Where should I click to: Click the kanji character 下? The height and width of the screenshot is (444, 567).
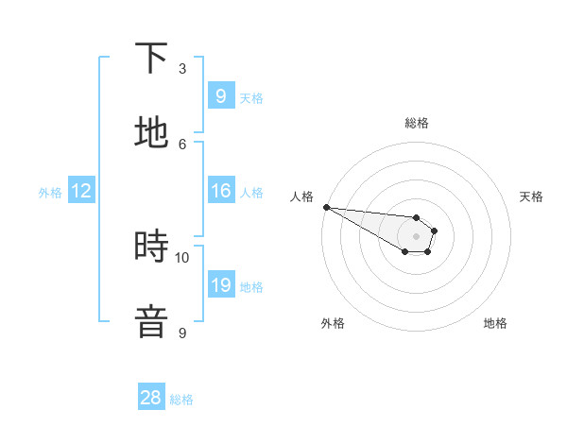[151, 59]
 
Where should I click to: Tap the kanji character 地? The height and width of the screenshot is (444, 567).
[151, 133]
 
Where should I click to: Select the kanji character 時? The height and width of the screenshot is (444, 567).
[151, 247]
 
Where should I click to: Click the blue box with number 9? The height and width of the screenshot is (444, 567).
[220, 95]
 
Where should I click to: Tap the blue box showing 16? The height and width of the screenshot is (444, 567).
[220, 191]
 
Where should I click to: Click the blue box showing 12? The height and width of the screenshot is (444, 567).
[81, 192]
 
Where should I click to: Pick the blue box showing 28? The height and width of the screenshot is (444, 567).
[151, 399]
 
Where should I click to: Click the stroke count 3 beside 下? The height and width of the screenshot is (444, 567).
[182, 69]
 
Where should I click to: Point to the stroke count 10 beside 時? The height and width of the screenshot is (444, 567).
[182, 257]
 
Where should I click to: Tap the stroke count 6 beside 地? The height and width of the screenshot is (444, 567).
[182, 144]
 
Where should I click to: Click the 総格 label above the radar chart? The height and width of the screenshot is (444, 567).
[417, 123]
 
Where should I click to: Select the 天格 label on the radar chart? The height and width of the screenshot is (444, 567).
[532, 196]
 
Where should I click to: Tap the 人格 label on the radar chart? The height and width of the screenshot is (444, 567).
[301, 196]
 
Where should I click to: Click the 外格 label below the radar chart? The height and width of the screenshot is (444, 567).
[333, 323]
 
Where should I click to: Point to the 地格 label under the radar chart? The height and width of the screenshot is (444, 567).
[495, 323]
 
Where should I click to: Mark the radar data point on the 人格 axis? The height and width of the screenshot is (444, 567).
[325, 207]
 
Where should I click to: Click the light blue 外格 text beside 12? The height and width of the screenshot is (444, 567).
[50, 193]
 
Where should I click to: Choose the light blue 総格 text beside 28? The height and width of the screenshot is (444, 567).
[181, 400]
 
